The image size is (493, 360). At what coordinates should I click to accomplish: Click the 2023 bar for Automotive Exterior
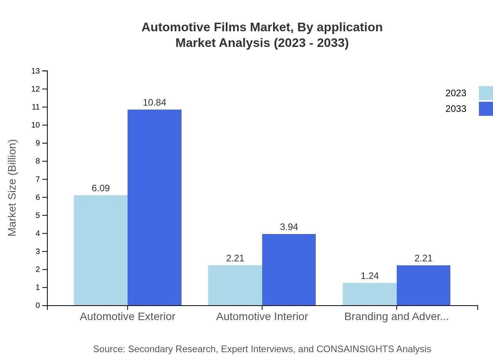[x=101, y=250]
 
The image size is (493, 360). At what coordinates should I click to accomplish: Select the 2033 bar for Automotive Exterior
[x=155, y=207]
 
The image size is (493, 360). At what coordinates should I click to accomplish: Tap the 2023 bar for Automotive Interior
[x=235, y=285]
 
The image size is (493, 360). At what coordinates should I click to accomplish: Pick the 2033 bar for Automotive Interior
[x=289, y=270]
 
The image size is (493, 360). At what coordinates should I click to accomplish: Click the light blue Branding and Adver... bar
[x=369, y=294]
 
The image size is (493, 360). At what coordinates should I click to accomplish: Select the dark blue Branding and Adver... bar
[x=423, y=285]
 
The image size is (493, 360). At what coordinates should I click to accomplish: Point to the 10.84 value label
[x=155, y=103]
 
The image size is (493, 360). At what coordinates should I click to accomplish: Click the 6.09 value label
[x=101, y=188]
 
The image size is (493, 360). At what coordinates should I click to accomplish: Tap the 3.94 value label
[x=289, y=227]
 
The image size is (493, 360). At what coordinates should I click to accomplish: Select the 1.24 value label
[x=369, y=276]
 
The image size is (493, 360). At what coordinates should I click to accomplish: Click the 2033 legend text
[x=456, y=109]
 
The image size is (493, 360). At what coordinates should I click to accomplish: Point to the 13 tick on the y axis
[x=36, y=71]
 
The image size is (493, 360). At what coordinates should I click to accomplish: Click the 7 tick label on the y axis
[x=38, y=179]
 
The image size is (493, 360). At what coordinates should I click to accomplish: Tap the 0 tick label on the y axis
[x=38, y=306]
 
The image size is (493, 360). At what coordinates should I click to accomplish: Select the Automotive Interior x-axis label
[x=262, y=317]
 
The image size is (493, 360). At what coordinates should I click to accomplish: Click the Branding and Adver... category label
[x=396, y=317]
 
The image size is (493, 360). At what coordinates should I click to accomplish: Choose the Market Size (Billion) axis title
[x=13, y=188]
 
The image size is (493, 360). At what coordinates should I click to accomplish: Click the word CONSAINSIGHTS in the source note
[x=355, y=349]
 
